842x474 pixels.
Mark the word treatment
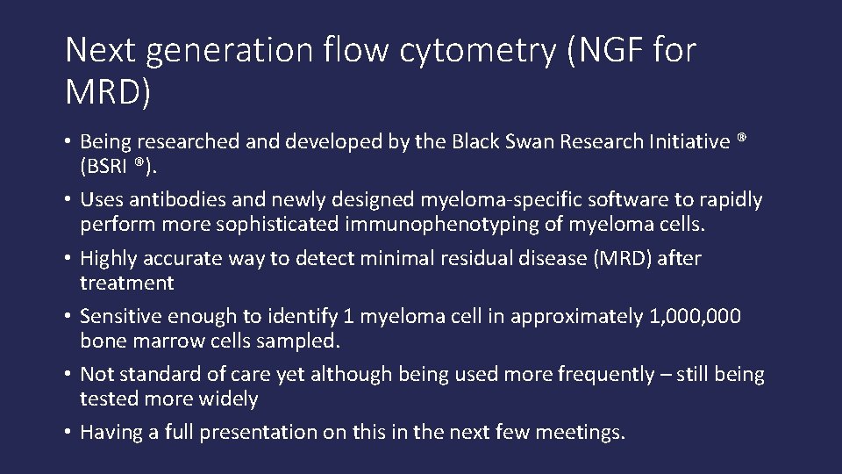click(x=127, y=283)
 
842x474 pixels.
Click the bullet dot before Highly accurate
click(x=68, y=259)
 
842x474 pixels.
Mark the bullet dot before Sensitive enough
click(x=68, y=317)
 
